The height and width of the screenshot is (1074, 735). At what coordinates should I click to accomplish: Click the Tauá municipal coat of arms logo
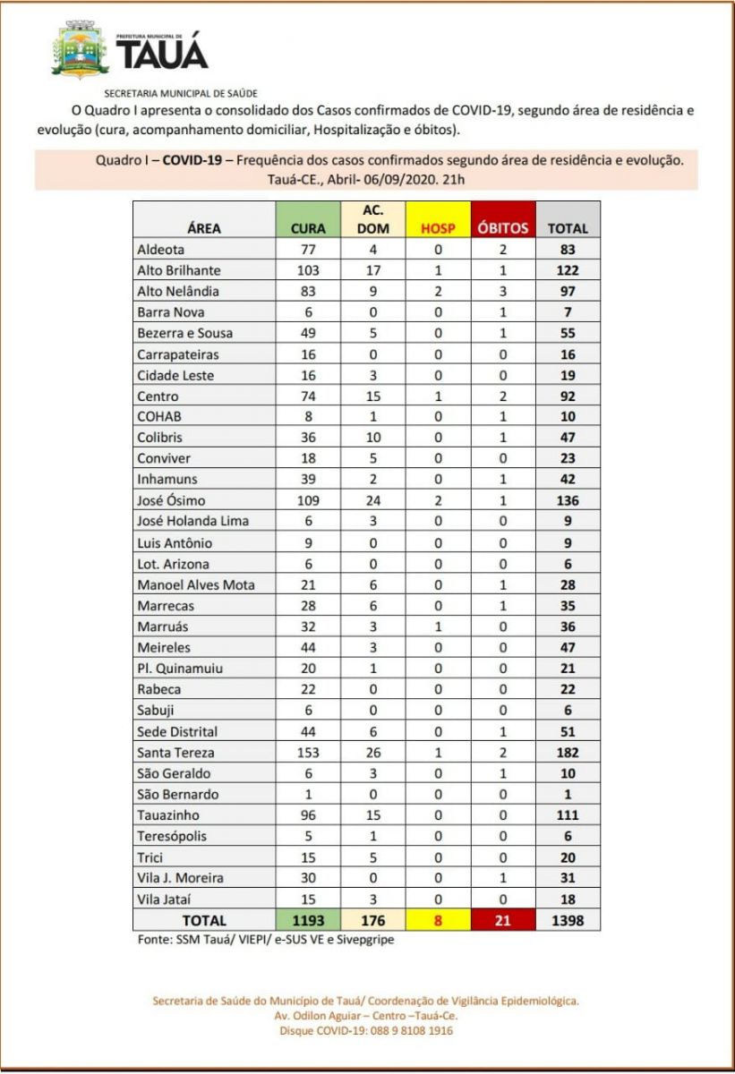[x=81, y=50]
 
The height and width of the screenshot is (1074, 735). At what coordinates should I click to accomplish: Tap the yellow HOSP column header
[x=438, y=228]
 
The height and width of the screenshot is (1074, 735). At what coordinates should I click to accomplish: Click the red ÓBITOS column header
[x=503, y=228]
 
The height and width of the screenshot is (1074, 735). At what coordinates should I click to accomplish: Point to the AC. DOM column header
[x=373, y=218]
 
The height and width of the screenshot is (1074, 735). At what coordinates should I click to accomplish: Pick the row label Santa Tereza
[x=175, y=753]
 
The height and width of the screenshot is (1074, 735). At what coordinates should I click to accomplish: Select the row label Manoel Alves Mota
[x=195, y=584]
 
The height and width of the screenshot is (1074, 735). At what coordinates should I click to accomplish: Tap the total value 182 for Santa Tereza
[x=567, y=753]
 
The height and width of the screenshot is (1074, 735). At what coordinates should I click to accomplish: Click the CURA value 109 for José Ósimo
[x=308, y=500]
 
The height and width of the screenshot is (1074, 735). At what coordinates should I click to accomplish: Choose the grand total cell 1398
[x=567, y=920]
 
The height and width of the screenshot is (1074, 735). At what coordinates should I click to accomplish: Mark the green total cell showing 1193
[x=308, y=920]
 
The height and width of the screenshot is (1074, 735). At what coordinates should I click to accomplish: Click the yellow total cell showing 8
[x=438, y=920]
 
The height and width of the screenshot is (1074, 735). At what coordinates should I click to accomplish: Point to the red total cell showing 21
[x=503, y=920]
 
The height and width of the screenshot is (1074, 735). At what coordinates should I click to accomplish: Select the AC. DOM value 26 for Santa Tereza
[x=373, y=753]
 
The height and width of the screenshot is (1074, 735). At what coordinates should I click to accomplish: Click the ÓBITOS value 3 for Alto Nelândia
[x=503, y=291]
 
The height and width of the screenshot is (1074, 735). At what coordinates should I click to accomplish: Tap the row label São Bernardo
[x=177, y=795]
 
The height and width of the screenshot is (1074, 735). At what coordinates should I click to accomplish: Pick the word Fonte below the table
[x=153, y=940]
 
